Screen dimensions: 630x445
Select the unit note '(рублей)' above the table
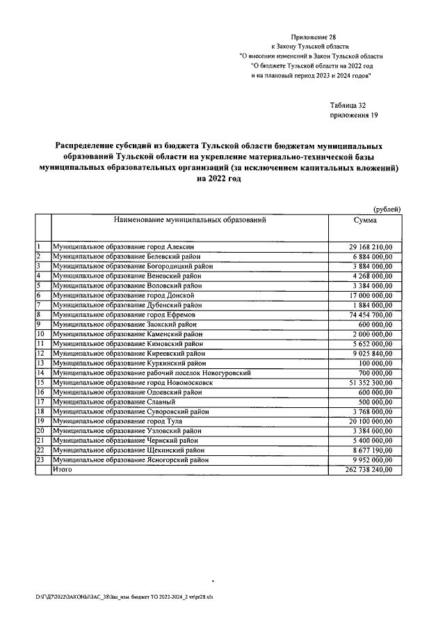click(x=387, y=210)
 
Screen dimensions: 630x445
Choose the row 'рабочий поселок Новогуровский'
click(x=152, y=373)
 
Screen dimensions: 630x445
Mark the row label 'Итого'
click(x=62, y=471)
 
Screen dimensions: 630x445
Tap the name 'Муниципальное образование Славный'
click(x=108, y=402)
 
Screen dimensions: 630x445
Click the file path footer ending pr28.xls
click(x=124, y=597)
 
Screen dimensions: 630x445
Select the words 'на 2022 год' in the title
click(x=218, y=179)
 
